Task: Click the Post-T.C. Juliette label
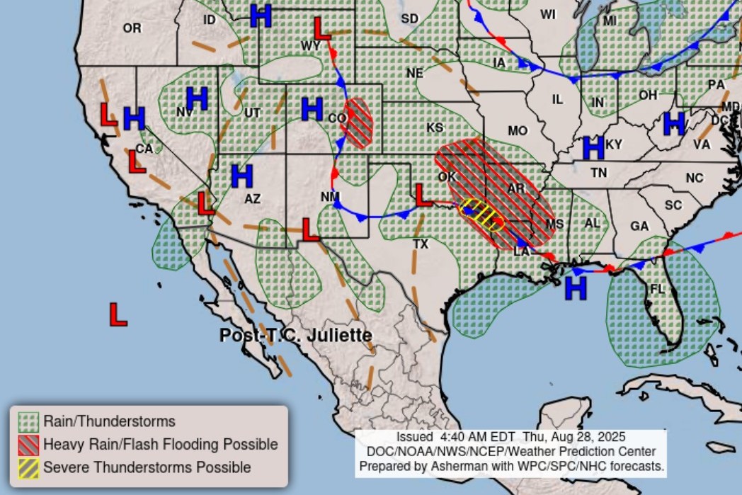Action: pyautogui.click(x=295, y=335)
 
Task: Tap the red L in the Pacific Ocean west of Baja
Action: pyautogui.click(x=118, y=314)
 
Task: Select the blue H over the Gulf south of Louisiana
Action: pyautogui.click(x=576, y=288)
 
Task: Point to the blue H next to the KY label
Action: pyautogui.click(x=593, y=147)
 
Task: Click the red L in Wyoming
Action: pyautogui.click(x=322, y=28)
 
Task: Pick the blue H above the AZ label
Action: pyautogui.click(x=242, y=176)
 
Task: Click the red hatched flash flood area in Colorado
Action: pyautogui.click(x=357, y=123)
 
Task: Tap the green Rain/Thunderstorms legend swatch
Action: pyautogui.click(x=28, y=422)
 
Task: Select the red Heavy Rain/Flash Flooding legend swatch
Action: pyautogui.click(x=28, y=445)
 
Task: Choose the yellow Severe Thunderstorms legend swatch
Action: pyautogui.click(x=28, y=467)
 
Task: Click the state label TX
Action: pyautogui.click(x=421, y=244)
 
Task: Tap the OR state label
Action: pyautogui.click(x=132, y=28)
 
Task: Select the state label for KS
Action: pyautogui.click(x=435, y=127)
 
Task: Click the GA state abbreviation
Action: pyautogui.click(x=639, y=226)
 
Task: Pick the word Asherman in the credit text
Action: pyautogui.click(x=450, y=466)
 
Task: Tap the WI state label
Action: pyautogui.click(x=548, y=14)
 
